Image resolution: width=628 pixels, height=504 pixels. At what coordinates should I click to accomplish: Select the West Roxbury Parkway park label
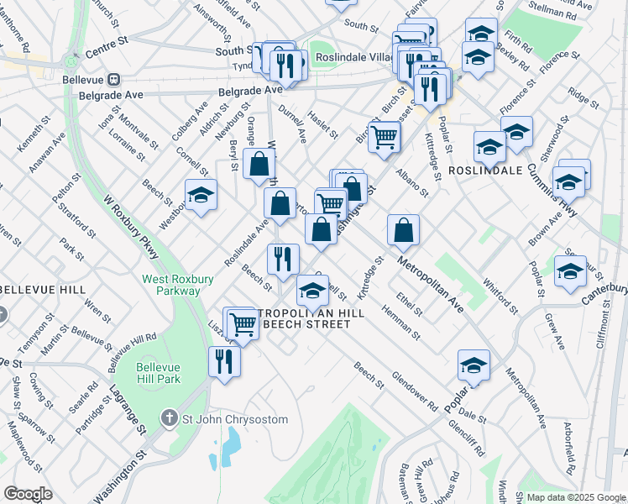pos(171,285)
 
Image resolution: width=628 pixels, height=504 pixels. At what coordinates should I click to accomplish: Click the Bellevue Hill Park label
pos(159,372)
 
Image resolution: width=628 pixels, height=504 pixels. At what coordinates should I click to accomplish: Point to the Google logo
pos(27,494)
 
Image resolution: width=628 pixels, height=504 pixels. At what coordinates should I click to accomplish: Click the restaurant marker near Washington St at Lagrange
pos(224,362)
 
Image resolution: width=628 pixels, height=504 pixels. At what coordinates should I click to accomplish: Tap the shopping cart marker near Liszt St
pos(243,323)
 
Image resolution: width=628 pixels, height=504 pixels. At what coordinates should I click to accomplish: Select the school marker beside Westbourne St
pos(201,197)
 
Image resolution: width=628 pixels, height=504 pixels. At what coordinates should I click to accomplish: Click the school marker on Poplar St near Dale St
pos(474,366)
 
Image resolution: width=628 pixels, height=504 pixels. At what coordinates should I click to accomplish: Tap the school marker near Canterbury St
pos(570,272)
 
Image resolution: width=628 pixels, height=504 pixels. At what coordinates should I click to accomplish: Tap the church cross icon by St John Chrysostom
pos(170,418)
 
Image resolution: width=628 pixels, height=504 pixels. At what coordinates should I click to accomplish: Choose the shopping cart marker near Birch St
pos(384,137)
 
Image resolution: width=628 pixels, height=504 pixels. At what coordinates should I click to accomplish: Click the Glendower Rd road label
pos(415,391)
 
